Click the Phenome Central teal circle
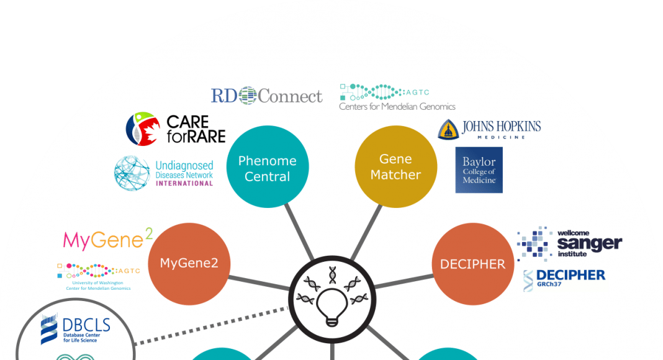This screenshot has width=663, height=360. tap(267, 168)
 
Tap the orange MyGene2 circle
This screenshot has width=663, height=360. tap(189, 263)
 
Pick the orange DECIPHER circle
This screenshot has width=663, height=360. tap(472, 264)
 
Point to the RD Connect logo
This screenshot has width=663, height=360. tap(266, 96)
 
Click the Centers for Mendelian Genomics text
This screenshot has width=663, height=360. tap(397, 107)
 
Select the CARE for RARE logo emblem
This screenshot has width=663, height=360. tap(143, 128)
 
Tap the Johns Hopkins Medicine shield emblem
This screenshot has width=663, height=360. tap(448, 128)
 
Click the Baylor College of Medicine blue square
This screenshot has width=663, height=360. tap(479, 169)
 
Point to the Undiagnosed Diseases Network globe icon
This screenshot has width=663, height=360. tap(132, 173)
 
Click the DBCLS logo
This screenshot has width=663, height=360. tap(75, 329)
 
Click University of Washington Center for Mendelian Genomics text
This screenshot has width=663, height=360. tap(99, 286)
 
